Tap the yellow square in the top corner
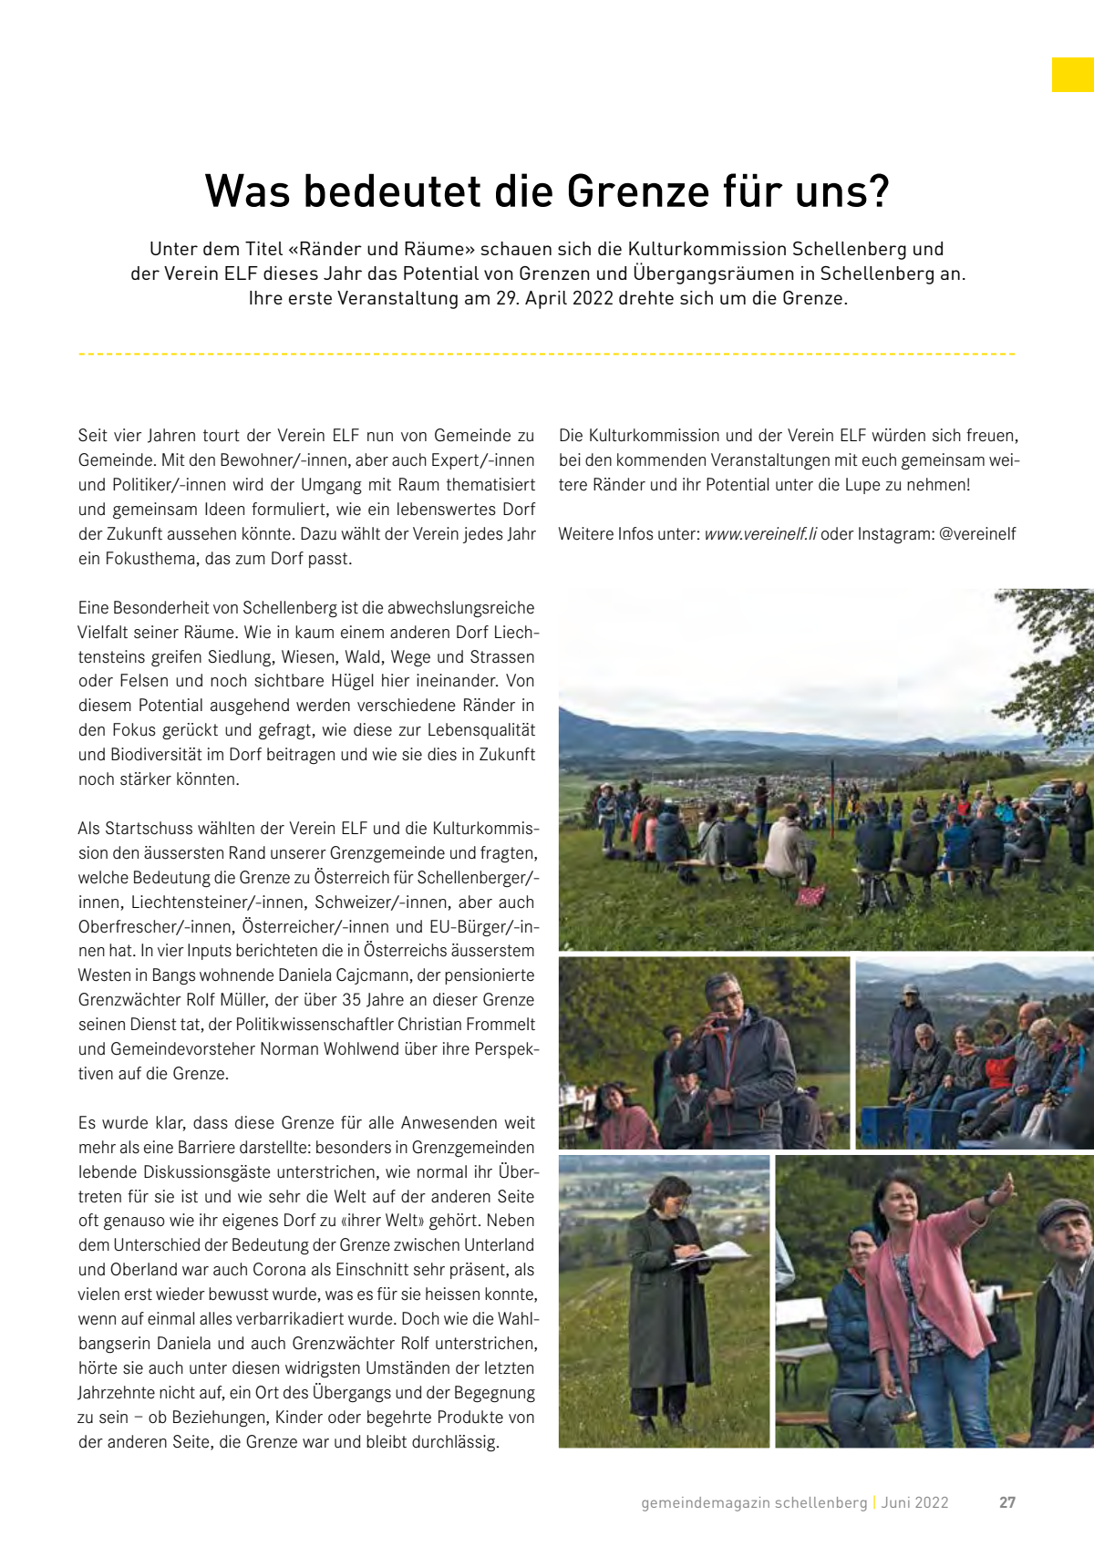point(1072,75)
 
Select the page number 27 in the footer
point(1006,1502)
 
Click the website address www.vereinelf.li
point(760,534)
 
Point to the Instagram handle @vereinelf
point(977,534)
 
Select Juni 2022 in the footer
point(914,1502)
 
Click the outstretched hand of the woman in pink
point(1005,1189)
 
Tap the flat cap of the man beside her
point(1063,1215)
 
